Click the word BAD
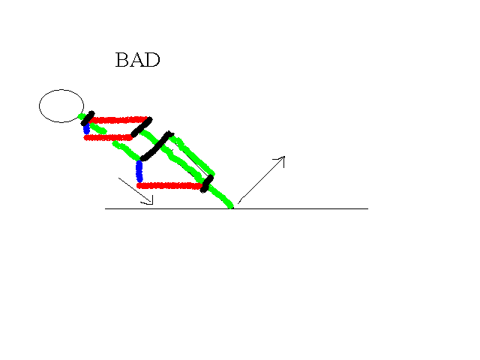138,60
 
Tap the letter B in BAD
121,60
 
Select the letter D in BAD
153,60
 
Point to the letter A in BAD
136,60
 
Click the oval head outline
61,90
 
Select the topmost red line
119,120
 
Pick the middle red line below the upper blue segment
108,138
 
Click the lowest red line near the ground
169,185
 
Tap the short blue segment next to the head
87,128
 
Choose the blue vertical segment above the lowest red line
139,171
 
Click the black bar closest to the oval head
88,118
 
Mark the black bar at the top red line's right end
142,127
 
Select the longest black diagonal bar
157,146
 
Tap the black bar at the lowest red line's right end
207,184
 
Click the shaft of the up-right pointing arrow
261,180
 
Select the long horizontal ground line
236,208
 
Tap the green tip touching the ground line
231,207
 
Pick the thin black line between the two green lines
190,162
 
